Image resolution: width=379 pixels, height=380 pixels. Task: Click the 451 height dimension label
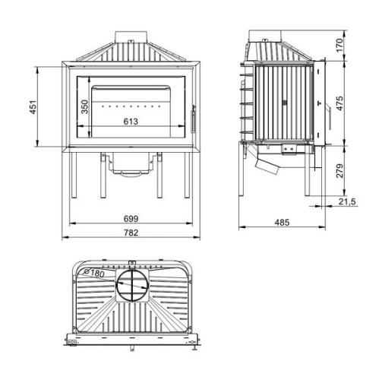coord(32,108)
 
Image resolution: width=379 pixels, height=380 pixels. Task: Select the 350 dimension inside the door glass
coord(86,107)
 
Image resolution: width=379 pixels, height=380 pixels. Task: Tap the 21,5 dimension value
coord(347,201)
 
